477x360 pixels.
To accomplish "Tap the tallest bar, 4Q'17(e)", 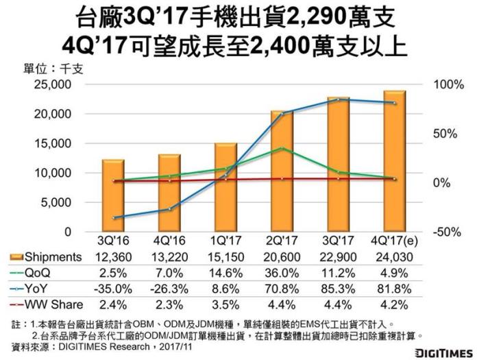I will tap(394, 161).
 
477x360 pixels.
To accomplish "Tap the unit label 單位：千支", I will tap(42, 69).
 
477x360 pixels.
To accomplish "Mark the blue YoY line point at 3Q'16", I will tap(113, 217).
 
